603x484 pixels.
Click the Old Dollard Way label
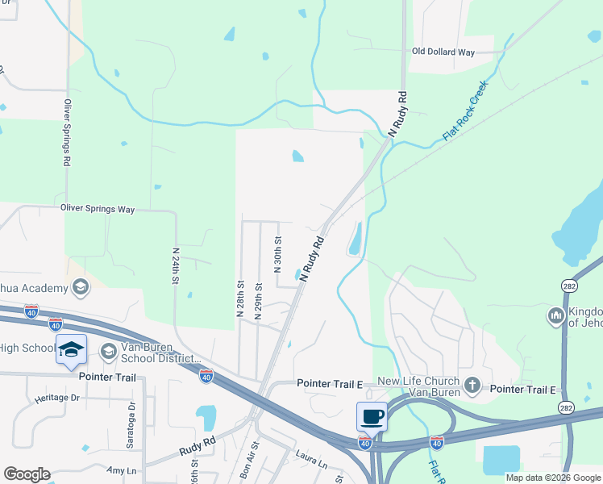pyautogui.click(x=443, y=52)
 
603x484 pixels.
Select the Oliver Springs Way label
pyautogui.click(x=98, y=209)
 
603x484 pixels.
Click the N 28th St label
pyautogui.click(x=240, y=300)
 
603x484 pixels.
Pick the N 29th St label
pyautogui.click(x=259, y=301)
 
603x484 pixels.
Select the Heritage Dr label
pyautogui.click(x=57, y=398)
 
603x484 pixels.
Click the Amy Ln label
pyautogui.click(x=117, y=470)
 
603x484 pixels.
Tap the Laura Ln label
pyautogui.click(x=311, y=464)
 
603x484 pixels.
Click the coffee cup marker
pyautogui.click(x=372, y=416)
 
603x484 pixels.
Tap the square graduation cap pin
pyautogui.click(x=71, y=348)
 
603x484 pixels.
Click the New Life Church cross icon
pyautogui.click(x=472, y=385)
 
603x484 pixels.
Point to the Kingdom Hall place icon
pyautogui.click(x=555, y=316)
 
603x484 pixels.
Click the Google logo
pyautogui.click(x=27, y=474)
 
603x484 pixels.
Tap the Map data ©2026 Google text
pyautogui.click(x=553, y=478)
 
